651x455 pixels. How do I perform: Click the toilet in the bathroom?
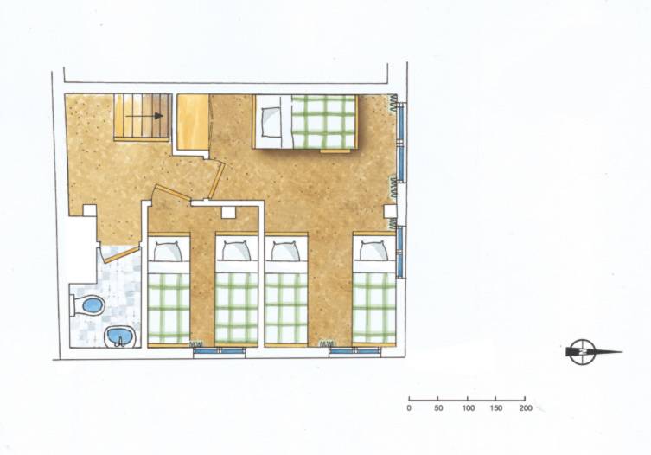(87, 305)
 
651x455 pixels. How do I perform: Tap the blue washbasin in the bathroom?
(119, 336)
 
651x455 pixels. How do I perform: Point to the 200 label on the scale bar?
(525, 408)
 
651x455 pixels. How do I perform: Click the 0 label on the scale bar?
(409, 408)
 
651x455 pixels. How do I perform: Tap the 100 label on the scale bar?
(468, 408)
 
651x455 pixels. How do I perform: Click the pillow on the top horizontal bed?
(271, 122)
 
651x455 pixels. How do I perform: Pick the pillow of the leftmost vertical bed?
(168, 252)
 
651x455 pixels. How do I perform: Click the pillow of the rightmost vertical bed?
(373, 251)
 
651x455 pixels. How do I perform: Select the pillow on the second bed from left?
(236, 251)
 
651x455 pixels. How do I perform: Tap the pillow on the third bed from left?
(285, 252)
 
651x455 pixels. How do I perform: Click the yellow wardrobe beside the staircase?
(193, 122)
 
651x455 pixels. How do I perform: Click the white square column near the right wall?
(390, 211)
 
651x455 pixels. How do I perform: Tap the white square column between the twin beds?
(228, 212)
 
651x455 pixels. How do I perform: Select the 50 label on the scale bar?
(438, 408)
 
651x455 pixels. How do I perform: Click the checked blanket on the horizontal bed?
(323, 122)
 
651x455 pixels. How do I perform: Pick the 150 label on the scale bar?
(496, 408)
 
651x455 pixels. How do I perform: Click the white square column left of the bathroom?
(90, 211)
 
